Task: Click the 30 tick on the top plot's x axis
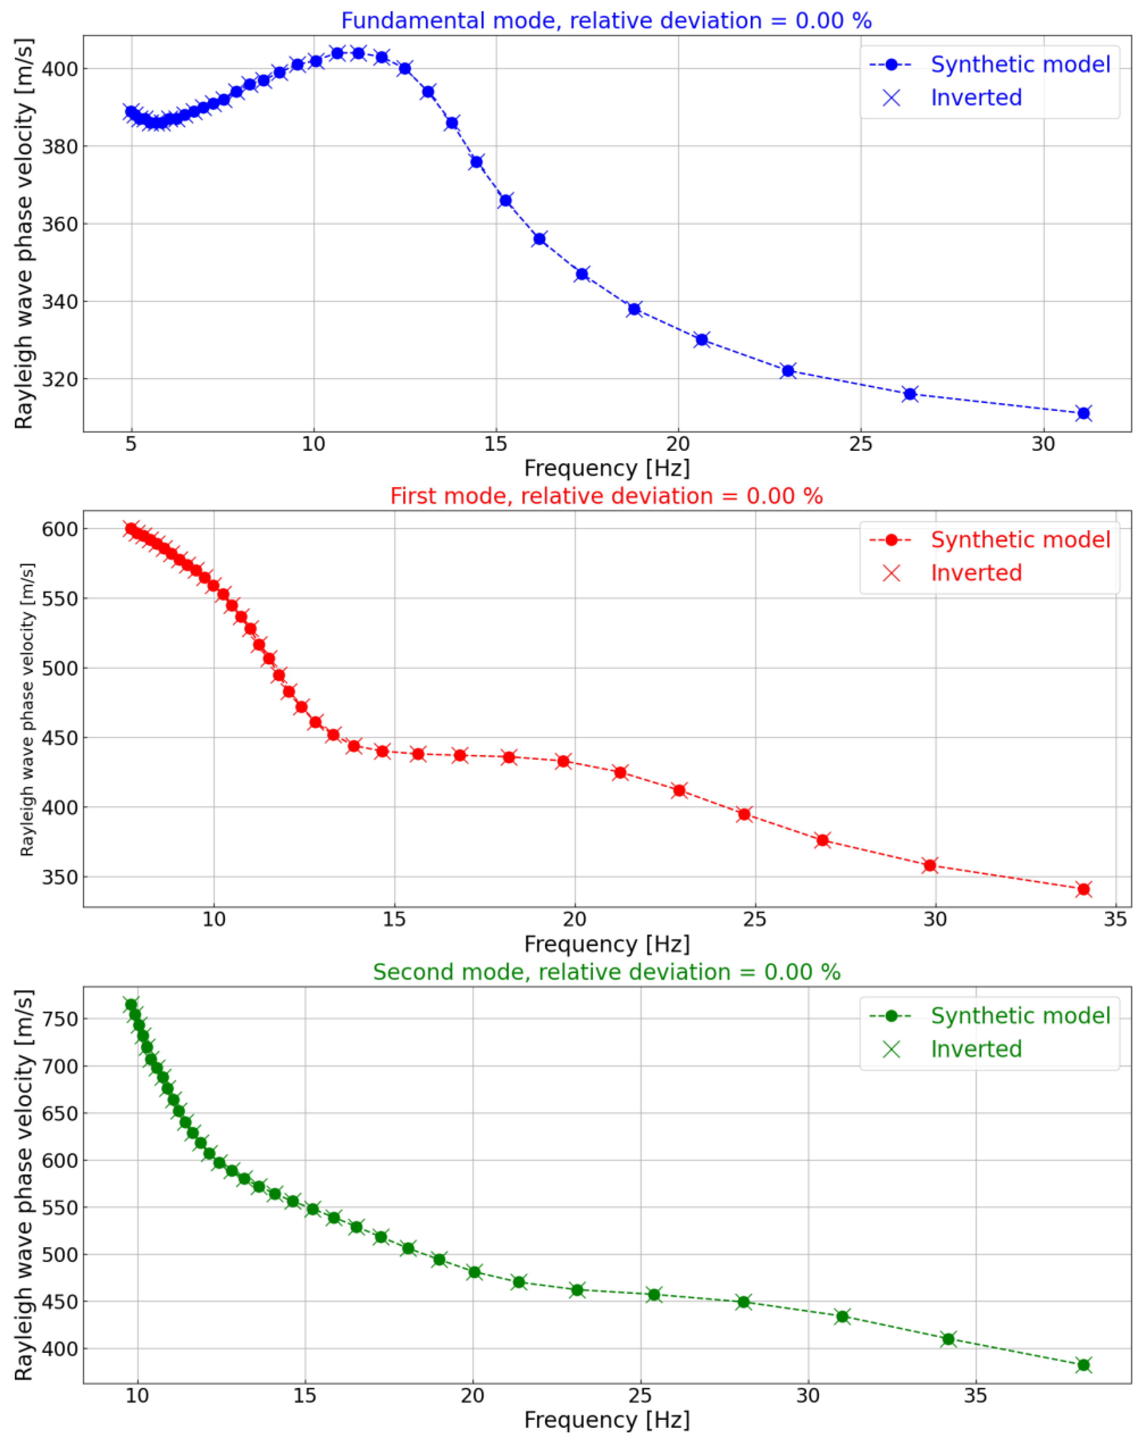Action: click(x=1043, y=444)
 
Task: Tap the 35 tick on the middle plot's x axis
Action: click(x=1115, y=920)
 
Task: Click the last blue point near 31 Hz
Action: click(x=1084, y=413)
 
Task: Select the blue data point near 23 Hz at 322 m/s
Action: click(x=788, y=371)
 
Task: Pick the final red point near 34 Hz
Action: click(x=1084, y=889)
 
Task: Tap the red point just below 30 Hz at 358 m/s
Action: click(x=929, y=865)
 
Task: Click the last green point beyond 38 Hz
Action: click(x=1084, y=1365)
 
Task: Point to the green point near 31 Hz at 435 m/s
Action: click(x=843, y=1317)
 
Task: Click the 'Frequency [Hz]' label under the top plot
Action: click(x=606, y=468)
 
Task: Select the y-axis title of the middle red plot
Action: click(x=27, y=710)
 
